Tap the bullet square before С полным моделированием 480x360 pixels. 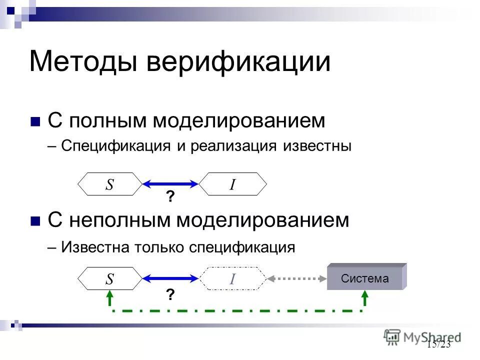coord(35,121)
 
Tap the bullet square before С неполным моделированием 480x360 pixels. coord(35,221)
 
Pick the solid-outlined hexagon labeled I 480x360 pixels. coord(232,184)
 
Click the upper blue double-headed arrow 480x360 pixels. coord(170,184)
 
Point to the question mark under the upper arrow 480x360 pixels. coord(170,198)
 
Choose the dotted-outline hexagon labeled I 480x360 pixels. coord(232,278)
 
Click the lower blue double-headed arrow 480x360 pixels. coord(170,278)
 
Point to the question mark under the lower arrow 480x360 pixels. coord(170,295)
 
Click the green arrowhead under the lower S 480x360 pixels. coord(109,298)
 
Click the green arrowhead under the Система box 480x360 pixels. coord(365,298)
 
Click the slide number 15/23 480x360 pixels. coord(439,344)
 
